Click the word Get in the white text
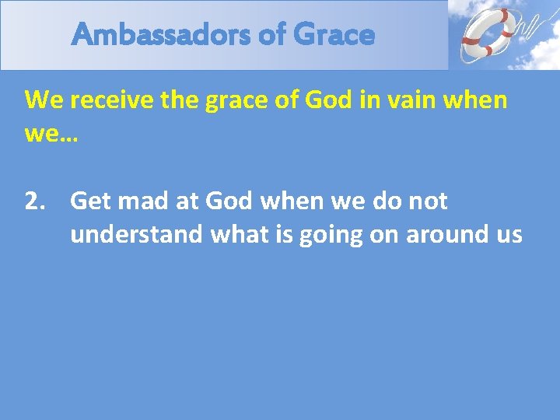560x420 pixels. [x=90, y=201]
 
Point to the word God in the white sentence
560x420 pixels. [x=230, y=201]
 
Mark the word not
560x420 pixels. [x=427, y=201]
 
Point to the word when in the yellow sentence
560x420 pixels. [x=474, y=100]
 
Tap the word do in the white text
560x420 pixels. [x=376, y=201]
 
